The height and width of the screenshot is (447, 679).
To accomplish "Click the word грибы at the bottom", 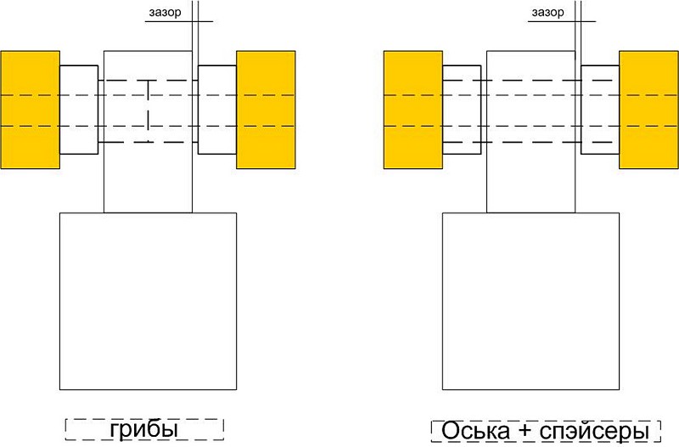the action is pyautogui.click(x=143, y=430).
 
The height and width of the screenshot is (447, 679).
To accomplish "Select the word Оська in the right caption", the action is pyautogui.click(x=475, y=431).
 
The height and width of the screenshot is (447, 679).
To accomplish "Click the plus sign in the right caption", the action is pyautogui.click(x=525, y=432).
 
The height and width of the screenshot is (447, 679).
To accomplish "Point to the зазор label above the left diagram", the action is pyautogui.click(x=165, y=13).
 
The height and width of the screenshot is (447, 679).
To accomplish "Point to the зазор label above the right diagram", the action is pyautogui.click(x=547, y=13).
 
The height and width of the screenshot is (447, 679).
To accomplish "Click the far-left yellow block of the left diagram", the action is pyautogui.click(x=30, y=110).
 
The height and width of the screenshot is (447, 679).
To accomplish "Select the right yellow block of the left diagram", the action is pyautogui.click(x=266, y=110).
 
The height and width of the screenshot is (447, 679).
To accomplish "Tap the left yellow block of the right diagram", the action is pyautogui.click(x=413, y=110).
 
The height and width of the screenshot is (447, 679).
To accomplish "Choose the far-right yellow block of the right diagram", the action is pyautogui.click(x=648, y=110).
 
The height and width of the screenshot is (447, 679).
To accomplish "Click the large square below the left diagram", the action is pyautogui.click(x=148, y=302).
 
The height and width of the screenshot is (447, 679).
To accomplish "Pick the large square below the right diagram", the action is pyautogui.click(x=531, y=302).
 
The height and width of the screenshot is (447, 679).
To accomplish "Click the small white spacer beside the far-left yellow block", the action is pyautogui.click(x=79, y=110).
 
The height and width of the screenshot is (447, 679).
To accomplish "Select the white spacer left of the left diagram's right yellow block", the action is pyautogui.click(x=217, y=110).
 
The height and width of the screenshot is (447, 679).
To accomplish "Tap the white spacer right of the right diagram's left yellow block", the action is pyautogui.click(x=462, y=110).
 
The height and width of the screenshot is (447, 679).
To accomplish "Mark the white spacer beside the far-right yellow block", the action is pyautogui.click(x=600, y=110).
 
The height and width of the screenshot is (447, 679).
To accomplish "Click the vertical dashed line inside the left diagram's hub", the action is pyautogui.click(x=148, y=111).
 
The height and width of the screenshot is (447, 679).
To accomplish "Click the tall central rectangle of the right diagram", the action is pyautogui.click(x=531, y=132).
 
